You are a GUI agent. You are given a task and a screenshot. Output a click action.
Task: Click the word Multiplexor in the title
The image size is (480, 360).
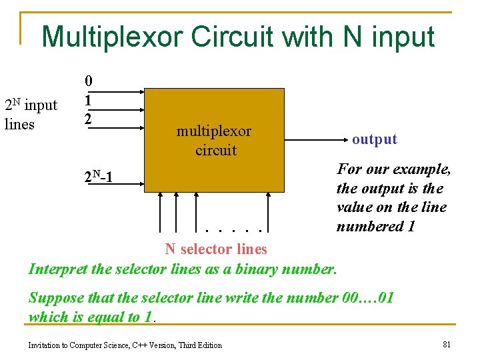click(x=112, y=37)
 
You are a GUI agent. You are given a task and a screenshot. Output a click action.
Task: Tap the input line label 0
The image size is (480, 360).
click(x=88, y=81)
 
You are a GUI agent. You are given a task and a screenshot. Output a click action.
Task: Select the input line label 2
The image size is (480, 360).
click(x=88, y=119)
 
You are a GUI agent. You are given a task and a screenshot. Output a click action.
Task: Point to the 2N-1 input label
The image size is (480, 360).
click(x=98, y=177)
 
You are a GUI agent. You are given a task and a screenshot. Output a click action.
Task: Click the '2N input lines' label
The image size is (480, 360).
click(x=31, y=114)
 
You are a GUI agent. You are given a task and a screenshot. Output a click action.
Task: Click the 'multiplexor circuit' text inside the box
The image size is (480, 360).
click(x=214, y=141)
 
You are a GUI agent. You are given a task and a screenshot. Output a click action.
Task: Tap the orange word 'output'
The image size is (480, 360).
click(x=374, y=139)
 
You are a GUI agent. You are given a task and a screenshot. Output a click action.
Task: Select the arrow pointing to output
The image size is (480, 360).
click(x=313, y=140)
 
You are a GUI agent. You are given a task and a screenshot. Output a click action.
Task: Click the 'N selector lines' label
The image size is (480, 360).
click(x=216, y=249)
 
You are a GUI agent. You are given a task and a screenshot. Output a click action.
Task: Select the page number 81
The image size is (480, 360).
click(x=447, y=344)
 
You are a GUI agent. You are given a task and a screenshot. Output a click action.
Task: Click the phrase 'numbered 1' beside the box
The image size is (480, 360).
click(x=375, y=226)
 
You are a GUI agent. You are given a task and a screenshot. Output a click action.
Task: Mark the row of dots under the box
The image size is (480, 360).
click(x=237, y=231)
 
